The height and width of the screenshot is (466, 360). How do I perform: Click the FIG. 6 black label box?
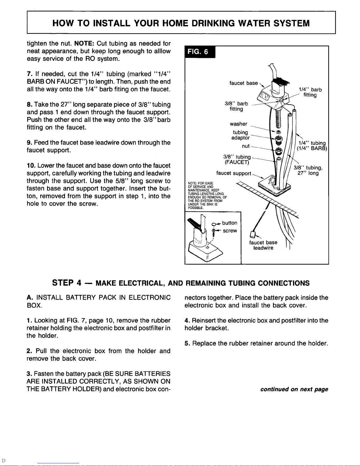point(200,52)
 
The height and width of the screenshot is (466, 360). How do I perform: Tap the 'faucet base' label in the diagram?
point(243,83)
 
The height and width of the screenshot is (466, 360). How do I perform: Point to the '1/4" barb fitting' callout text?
point(310,92)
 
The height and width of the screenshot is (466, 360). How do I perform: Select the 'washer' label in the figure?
point(239,124)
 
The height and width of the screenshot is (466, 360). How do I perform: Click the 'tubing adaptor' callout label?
point(240,135)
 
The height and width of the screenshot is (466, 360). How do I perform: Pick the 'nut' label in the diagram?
point(246,146)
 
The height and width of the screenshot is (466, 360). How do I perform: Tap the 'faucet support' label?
point(234,173)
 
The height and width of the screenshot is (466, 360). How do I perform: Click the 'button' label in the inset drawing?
point(230,223)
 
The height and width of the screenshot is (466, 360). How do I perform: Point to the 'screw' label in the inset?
point(230,231)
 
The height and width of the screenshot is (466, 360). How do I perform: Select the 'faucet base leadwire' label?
point(263,245)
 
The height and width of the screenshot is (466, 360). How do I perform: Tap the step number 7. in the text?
point(30,74)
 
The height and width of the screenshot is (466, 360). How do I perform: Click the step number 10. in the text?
point(31,166)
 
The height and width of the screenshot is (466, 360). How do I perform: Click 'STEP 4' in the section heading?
point(67,283)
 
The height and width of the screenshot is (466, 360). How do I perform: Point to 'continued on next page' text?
point(294,389)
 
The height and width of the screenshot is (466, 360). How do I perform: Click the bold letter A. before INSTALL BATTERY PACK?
point(30,298)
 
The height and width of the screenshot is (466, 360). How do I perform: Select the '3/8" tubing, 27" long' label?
point(308,170)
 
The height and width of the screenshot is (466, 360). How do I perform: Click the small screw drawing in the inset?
point(213,232)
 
